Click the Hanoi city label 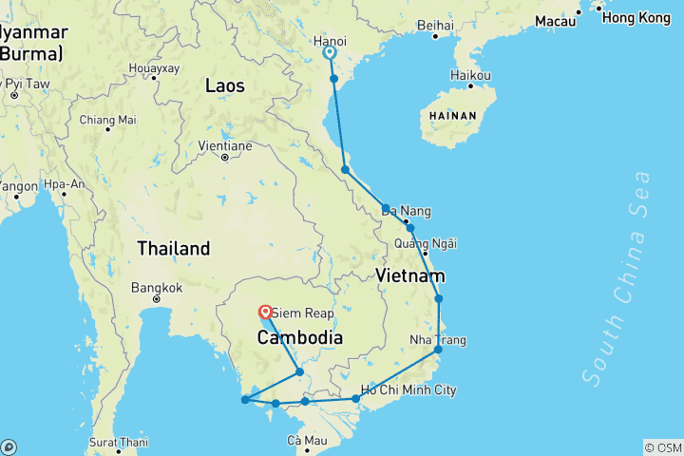coord(330,42)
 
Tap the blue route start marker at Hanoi coord(329,53)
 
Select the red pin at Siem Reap coord(265,311)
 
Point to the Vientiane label coord(224,146)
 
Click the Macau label coord(556,20)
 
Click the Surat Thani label coord(120,442)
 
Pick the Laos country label coord(225,86)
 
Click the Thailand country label coord(173,249)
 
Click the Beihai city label coord(435,25)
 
